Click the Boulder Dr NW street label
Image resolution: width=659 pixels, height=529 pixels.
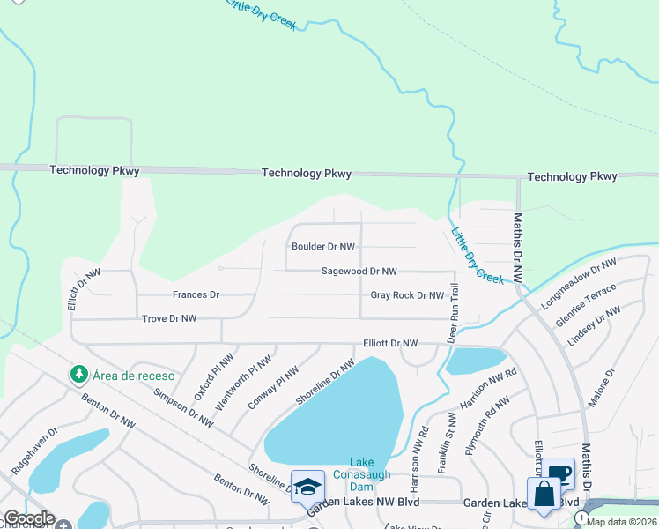(323, 248)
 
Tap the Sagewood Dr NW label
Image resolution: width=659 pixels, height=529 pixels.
(359, 272)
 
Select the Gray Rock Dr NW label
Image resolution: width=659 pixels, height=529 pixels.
(406, 295)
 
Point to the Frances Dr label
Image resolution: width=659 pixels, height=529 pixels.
(196, 294)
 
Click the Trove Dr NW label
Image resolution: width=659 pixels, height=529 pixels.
(169, 318)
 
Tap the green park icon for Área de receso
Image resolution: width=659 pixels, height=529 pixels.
(80, 375)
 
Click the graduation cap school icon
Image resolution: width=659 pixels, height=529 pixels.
(307, 487)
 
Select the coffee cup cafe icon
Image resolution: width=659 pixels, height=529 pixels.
(559, 473)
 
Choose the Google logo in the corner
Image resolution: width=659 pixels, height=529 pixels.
(28, 518)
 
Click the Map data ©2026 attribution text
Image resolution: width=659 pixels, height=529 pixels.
(621, 521)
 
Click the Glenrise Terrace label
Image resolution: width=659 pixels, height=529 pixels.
(585, 305)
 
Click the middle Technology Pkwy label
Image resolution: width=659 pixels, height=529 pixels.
(306, 174)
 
